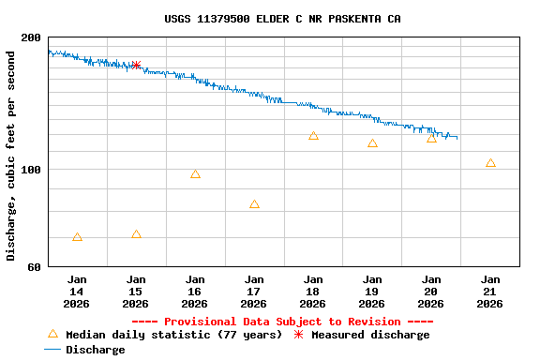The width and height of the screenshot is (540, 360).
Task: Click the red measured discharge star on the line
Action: pos(136,65)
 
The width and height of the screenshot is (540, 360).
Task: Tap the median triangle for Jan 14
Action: pos(77,237)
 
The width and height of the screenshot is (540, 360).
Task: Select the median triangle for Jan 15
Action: pos(136,234)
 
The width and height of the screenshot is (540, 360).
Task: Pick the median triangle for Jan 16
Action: pos(195,174)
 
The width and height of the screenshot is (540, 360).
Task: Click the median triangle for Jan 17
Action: pos(254,204)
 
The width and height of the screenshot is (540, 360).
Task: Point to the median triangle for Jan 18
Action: pos(313,136)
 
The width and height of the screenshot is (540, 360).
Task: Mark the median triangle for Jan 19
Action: pos(372,143)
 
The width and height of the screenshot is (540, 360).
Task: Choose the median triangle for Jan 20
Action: pos(431,139)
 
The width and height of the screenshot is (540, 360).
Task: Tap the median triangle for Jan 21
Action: pos(490,163)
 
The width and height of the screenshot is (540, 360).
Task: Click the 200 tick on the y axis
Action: pos(31,37)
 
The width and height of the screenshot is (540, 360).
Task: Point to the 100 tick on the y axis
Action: pos(31,170)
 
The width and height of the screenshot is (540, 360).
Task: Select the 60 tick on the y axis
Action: pos(35,267)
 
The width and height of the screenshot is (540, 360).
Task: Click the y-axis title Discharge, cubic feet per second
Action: pos(10,156)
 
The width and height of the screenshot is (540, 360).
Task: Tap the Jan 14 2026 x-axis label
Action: pos(77,291)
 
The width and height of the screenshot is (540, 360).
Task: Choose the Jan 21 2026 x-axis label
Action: pos(490,291)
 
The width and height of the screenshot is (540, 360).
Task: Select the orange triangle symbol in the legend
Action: pos(52,334)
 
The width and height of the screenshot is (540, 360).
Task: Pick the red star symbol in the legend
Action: pos(299,335)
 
